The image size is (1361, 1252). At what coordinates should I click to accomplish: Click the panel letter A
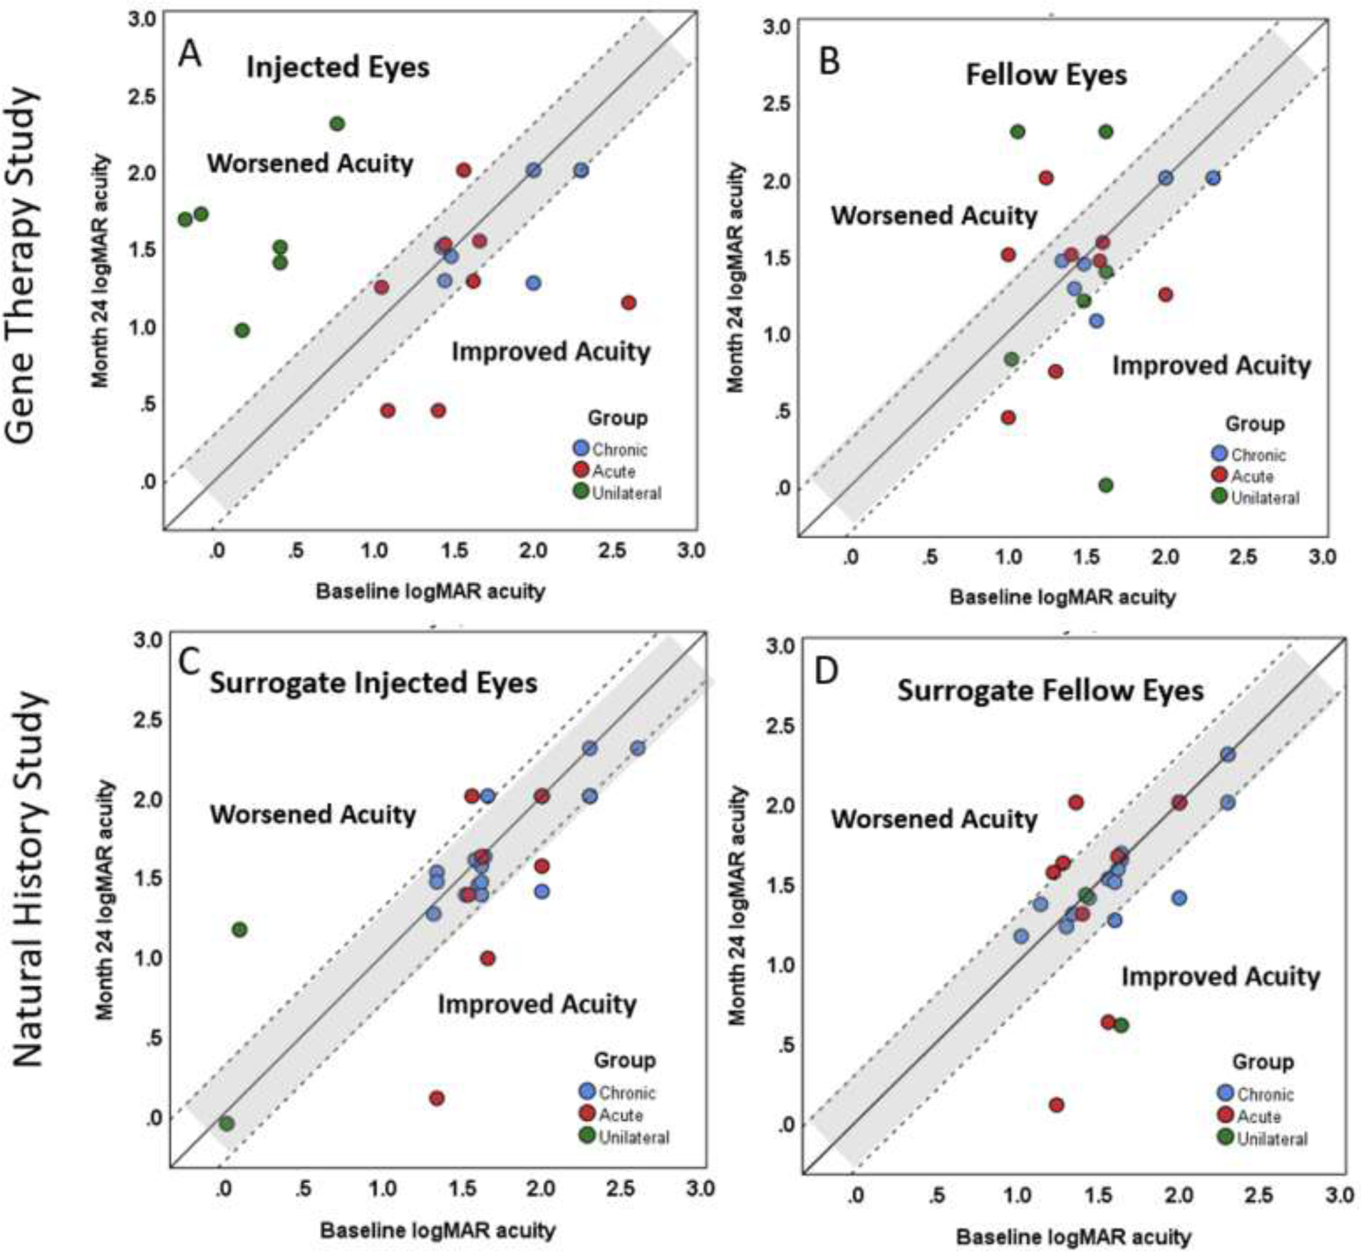(189, 53)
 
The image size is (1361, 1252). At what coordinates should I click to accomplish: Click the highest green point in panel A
(337, 124)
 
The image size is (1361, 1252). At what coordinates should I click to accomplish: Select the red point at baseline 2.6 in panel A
(628, 303)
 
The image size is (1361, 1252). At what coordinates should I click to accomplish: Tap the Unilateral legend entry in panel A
(626, 493)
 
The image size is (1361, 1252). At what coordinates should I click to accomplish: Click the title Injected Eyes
(338, 68)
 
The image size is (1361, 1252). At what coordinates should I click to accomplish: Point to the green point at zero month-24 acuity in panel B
(1105, 485)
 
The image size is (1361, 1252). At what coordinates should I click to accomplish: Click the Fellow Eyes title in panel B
(1045, 75)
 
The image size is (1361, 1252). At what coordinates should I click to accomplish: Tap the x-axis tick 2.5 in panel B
(1243, 557)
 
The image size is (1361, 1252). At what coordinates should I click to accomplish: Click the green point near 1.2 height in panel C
(239, 929)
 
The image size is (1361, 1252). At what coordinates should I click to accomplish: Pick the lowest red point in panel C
(437, 1098)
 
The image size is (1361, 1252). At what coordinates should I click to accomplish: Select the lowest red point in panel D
(1056, 1104)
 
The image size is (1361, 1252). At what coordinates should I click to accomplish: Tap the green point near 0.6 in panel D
(1121, 1025)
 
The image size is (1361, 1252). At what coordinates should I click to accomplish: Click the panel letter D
(826, 671)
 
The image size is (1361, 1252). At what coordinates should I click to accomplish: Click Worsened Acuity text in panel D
(933, 819)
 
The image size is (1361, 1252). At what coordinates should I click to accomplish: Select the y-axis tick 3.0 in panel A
(141, 19)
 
